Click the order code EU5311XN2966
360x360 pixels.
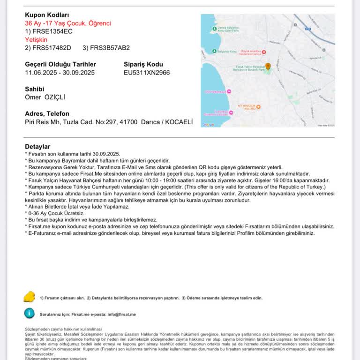pos(147,73)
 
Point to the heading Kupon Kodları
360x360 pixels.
pos(46,15)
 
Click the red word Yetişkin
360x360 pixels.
pos(36,40)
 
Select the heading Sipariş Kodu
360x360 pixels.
pos(143,64)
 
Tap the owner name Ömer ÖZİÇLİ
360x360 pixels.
pos(45,97)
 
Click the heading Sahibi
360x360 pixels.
pos(34,89)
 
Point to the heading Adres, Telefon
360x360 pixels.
pos(47,114)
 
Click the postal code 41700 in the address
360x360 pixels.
pos(128,122)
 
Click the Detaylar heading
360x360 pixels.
pos(37,147)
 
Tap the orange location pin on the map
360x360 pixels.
pos(268,67)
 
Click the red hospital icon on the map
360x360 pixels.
pos(264,52)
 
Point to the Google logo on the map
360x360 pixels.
pos(208,125)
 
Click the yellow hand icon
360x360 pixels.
pos(30,297)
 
